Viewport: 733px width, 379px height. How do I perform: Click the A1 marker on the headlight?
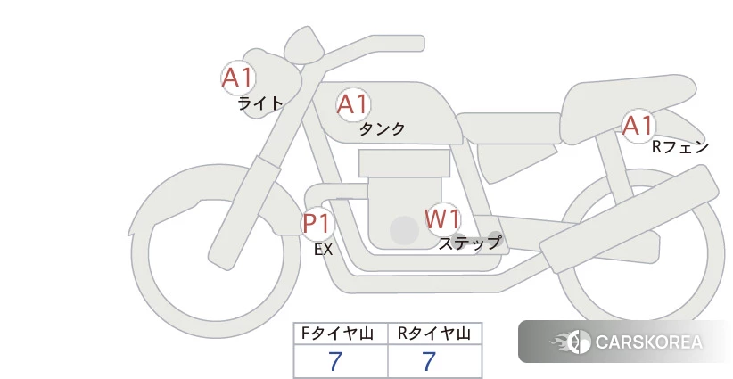click(x=238, y=78)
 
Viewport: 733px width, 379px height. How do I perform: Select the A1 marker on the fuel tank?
click(x=353, y=104)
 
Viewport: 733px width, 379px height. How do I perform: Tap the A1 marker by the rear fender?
click(x=638, y=126)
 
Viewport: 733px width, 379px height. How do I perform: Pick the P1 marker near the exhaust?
click(x=317, y=223)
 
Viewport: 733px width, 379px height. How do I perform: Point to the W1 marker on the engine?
click(x=442, y=218)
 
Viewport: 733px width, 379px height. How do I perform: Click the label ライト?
click(x=260, y=103)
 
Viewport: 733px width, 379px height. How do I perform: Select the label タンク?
click(x=382, y=128)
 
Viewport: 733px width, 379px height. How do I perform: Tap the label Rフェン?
click(x=680, y=147)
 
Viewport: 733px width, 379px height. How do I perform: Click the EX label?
click(x=324, y=250)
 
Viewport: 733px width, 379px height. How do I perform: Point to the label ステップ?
click(x=469, y=243)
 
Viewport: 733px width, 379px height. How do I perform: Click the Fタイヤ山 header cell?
click(x=341, y=334)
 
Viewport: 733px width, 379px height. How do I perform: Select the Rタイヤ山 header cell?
click(x=435, y=334)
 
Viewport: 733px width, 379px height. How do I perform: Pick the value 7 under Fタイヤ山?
click(x=335, y=361)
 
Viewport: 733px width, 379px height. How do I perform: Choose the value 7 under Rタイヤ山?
click(x=429, y=361)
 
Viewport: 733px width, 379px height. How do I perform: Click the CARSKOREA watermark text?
click(x=649, y=342)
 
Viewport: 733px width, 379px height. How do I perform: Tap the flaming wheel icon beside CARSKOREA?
click(x=572, y=342)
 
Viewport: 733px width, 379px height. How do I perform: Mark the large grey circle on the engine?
click(x=404, y=230)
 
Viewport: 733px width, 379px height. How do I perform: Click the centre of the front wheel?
click(x=216, y=252)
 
